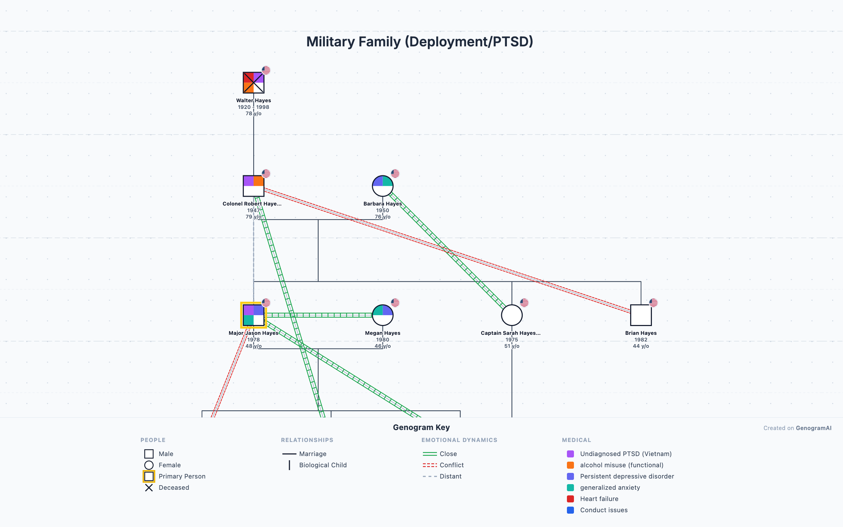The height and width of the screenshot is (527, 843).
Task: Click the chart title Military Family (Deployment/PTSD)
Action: [x=420, y=42]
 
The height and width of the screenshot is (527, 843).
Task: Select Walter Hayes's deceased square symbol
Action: [x=253, y=83]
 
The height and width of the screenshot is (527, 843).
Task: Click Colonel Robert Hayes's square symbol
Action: [x=253, y=186]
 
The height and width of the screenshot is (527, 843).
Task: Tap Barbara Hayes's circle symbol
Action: [x=383, y=186]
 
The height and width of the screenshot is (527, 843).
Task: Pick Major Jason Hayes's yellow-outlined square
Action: [x=253, y=315]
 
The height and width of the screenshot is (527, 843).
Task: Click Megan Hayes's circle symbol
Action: [x=383, y=315]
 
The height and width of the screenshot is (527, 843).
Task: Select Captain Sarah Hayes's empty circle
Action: [x=512, y=315]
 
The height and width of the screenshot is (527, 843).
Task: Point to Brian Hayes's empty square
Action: [x=641, y=315]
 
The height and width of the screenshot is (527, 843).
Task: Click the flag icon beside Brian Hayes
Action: [x=653, y=302]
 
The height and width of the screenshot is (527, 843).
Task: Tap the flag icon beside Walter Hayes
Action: [x=266, y=70]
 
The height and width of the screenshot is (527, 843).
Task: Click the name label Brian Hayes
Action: [x=641, y=333]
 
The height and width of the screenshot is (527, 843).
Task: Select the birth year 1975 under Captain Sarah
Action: [x=512, y=340]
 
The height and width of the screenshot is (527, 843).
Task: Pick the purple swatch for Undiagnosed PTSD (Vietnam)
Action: [x=570, y=454]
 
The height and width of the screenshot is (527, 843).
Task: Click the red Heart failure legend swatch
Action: [x=570, y=499]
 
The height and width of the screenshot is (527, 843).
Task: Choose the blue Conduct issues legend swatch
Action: [x=570, y=510]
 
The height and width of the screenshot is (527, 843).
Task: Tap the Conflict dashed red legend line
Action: [x=430, y=465]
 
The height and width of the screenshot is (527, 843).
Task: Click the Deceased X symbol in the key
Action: [x=149, y=488]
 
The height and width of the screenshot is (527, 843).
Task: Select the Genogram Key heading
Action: [x=421, y=428]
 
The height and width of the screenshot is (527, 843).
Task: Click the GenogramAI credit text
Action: [x=813, y=428]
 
